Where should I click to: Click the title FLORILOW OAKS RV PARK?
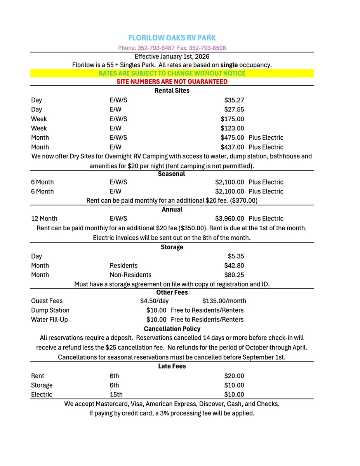172,38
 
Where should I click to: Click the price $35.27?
234,100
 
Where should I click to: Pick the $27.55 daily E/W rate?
234,110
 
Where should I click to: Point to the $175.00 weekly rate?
232,119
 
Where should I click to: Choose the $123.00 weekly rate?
232,128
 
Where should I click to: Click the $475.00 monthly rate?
232,137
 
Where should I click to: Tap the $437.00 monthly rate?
232,147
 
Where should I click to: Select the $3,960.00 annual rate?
230,219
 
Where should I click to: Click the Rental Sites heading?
172,91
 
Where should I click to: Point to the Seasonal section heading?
172,174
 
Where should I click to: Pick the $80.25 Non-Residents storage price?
234,275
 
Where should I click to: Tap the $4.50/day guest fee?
154,301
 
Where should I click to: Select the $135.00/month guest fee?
224,301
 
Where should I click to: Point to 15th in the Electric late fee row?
116,395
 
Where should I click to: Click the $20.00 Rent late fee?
234,376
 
